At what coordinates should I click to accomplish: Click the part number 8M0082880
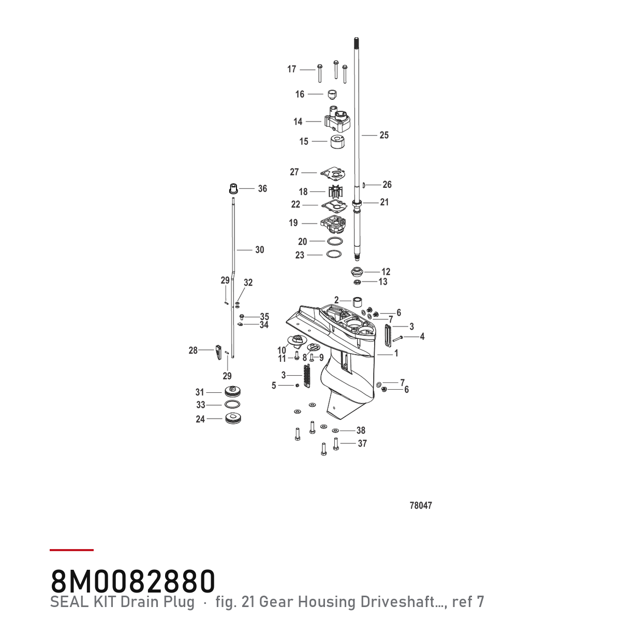pyautogui.click(x=133, y=581)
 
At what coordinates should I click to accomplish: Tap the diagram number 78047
pyautogui.click(x=421, y=506)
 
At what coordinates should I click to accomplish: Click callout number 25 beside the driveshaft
pyautogui.click(x=384, y=135)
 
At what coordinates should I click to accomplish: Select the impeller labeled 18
pyautogui.click(x=335, y=192)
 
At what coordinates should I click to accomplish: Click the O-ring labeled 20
pyautogui.click(x=335, y=241)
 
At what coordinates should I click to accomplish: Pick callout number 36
pyautogui.click(x=262, y=188)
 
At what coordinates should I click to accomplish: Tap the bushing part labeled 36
pyautogui.click(x=233, y=188)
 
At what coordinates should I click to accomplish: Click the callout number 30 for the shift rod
pyautogui.click(x=259, y=250)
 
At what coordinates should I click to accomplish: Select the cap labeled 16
pyautogui.click(x=331, y=95)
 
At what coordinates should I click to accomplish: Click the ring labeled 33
pyautogui.click(x=232, y=405)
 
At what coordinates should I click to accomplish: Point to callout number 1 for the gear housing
pyautogui.click(x=396, y=353)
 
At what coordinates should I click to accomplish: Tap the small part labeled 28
pyautogui.click(x=218, y=352)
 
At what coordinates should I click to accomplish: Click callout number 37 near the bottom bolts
pyautogui.click(x=362, y=443)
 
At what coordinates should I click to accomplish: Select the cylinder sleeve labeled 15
pyautogui.click(x=337, y=142)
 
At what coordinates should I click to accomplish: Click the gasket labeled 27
pyautogui.click(x=333, y=173)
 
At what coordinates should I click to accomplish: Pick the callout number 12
pyautogui.click(x=386, y=272)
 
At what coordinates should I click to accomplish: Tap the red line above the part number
pyautogui.click(x=71, y=550)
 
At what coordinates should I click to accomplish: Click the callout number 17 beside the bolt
pyautogui.click(x=292, y=69)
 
